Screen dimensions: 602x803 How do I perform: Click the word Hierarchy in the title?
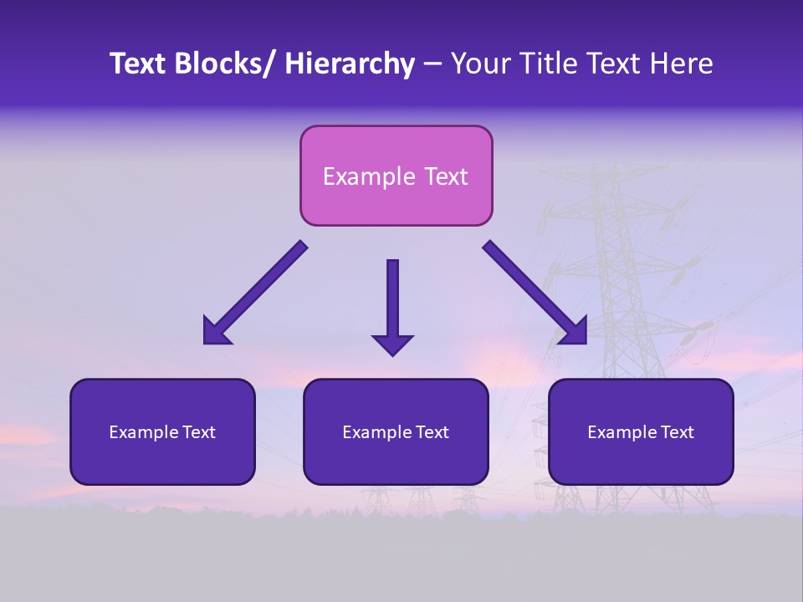(x=350, y=64)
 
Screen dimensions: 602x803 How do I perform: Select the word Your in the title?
(x=479, y=64)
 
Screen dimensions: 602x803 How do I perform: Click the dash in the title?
(x=432, y=65)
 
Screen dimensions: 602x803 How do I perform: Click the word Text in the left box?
(x=198, y=432)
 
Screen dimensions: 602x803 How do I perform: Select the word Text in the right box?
(x=677, y=432)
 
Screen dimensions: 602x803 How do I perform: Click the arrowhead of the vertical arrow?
(x=392, y=344)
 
